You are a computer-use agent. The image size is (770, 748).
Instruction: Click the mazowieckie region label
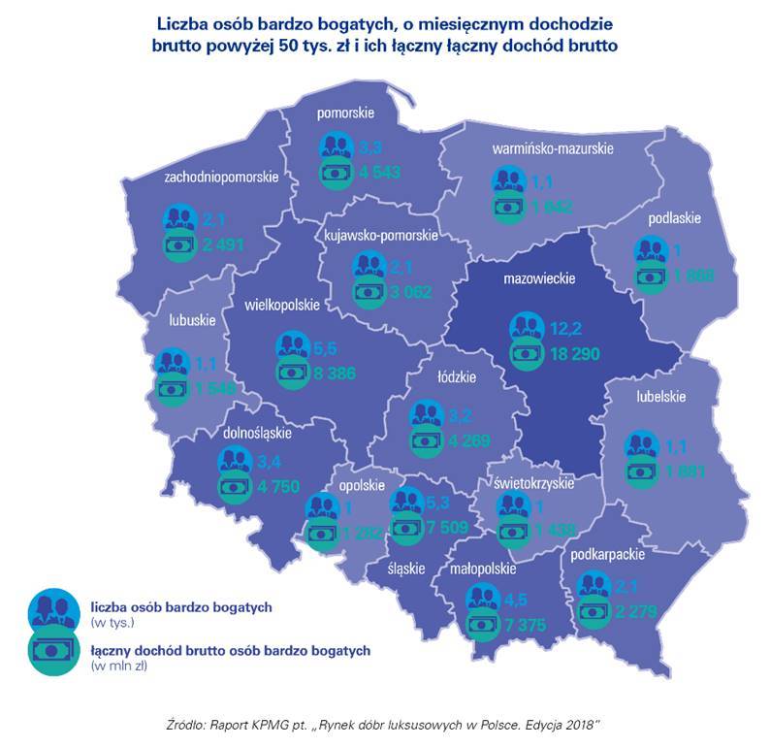pos(539,279)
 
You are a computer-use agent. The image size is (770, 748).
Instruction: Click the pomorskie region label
pos(344,114)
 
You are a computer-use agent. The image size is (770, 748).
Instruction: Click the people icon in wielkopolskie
pos(293,345)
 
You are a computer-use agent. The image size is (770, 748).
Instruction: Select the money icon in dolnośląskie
pos(236,488)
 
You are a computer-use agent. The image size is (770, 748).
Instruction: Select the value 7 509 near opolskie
pos(448,529)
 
